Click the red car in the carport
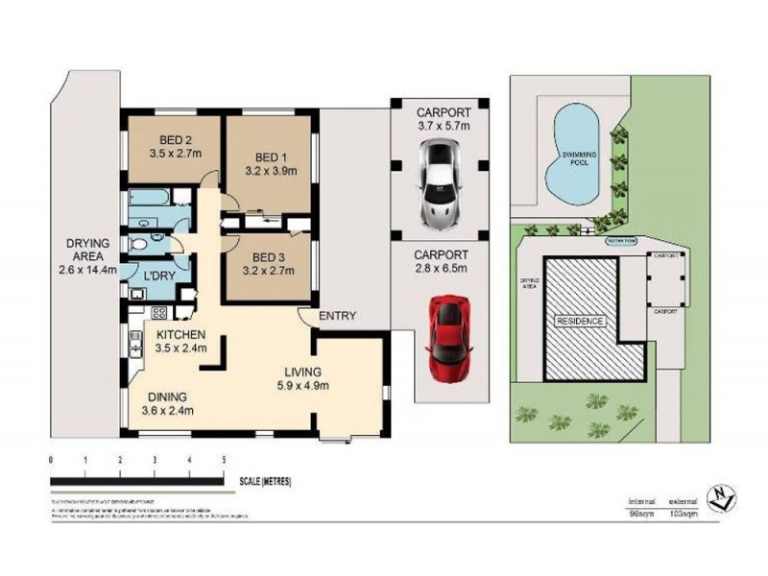(449, 338)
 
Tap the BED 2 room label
(170, 137)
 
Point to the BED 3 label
(269, 257)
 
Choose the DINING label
(167, 396)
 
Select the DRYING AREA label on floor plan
(87, 244)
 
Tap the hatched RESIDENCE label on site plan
(581, 322)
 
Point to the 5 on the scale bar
(224, 460)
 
